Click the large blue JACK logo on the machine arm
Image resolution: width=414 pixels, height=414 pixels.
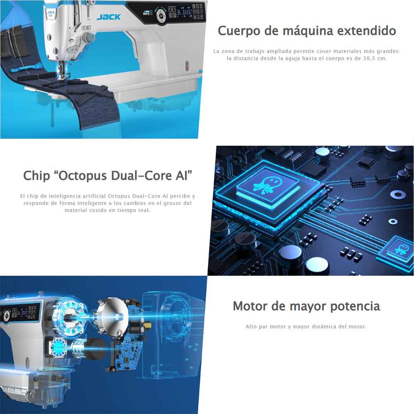(108, 17)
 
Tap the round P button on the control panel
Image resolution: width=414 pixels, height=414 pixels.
(161, 16)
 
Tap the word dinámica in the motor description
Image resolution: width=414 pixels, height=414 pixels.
(326, 327)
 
